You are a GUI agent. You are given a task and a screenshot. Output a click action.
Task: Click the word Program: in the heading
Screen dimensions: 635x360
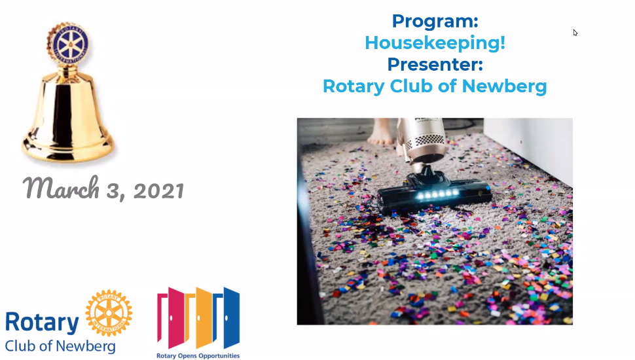(x=435, y=22)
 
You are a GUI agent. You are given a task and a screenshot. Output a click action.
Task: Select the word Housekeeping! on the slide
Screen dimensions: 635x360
(x=435, y=43)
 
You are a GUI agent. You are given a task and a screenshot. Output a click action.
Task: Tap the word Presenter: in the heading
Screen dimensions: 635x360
(x=435, y=64)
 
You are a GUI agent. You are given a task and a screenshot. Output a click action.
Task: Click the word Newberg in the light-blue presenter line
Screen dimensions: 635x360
(x=504, y=86)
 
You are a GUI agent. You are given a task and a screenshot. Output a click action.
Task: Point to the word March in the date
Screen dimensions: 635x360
(x=61, y=188)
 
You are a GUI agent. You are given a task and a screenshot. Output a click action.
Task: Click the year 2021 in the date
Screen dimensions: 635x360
(x=158, y=190)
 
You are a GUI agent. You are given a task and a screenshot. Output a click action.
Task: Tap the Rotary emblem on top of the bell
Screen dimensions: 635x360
(x=68, y=43)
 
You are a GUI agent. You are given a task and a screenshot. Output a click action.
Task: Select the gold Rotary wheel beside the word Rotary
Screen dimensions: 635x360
(x=109, y=313)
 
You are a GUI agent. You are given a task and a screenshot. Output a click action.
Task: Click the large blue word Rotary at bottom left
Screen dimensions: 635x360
(x=42, y=322)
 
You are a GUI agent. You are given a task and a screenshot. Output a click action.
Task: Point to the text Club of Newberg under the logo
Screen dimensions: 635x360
(x=60, y=346)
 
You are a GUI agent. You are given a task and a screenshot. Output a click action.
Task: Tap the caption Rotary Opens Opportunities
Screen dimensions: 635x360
(x=198, y=356)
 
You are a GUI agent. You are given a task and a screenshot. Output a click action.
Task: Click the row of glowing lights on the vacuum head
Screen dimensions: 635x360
(x=439, y=195)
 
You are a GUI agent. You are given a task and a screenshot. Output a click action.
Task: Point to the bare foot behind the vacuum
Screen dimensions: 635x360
(x=381, y=132)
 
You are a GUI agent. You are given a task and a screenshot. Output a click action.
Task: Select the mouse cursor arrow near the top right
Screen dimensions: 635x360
(x=575, y=33)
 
